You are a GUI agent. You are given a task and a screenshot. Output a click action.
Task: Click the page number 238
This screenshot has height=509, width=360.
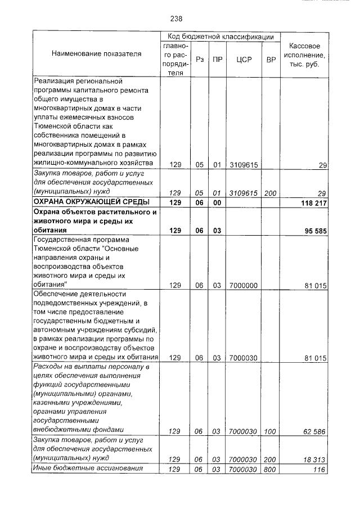pyautogui.click(x=176, y=19)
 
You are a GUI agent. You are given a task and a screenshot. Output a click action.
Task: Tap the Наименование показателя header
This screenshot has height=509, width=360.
pyautogui.click(x=96, y=54)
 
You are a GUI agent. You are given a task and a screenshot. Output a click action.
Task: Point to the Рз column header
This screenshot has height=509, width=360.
pyautogui.click(x=200, y=59)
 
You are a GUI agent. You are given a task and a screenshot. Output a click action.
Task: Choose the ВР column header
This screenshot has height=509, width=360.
pyautogui.click(x=271, y=59)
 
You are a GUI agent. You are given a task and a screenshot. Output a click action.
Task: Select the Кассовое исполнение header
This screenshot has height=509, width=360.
pyautogui.click(x=304, y=55)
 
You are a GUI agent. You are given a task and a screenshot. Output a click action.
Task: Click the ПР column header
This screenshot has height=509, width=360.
pyautogui.click(x=217, y=59)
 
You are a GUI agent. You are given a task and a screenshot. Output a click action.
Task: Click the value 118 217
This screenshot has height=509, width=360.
pyautogui.click(x=310, y=202)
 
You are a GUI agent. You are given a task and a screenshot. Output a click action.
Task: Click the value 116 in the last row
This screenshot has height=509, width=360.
pyautogui.click(x=320, y=469)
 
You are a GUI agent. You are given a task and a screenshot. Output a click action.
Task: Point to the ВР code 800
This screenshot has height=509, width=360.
pyautogui.click(x=271, y=469)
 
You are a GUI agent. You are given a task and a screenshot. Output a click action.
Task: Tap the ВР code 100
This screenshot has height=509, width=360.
pyautogui.click(x=271, y=431)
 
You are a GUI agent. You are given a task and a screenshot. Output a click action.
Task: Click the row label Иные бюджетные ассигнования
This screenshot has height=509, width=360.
pyautogui.click(x=83, y=469)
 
